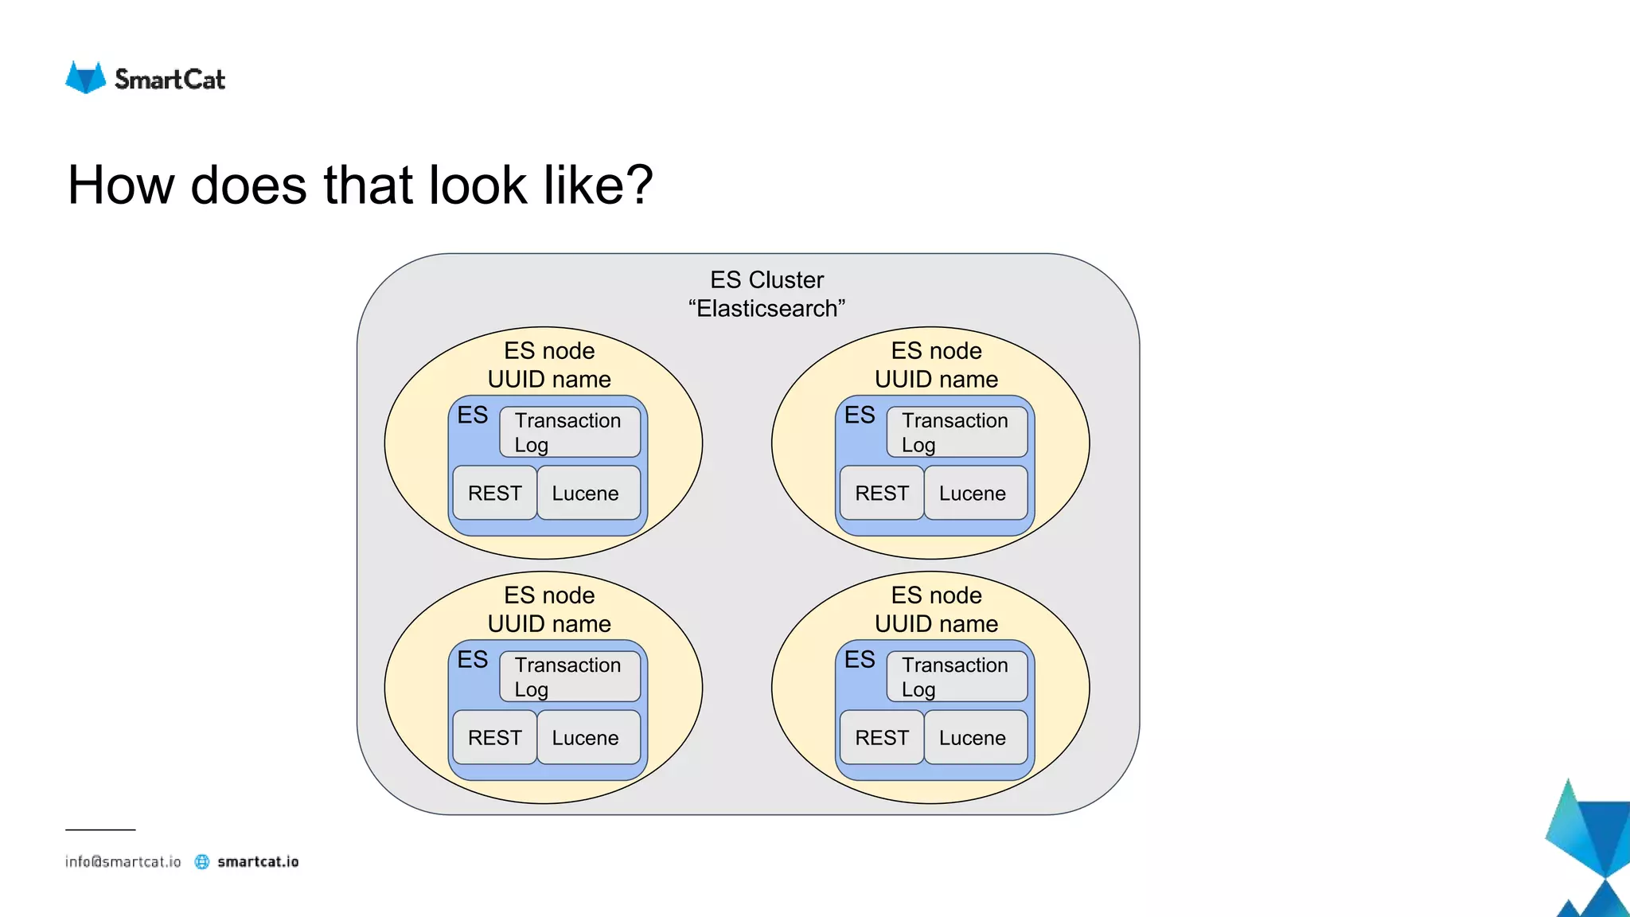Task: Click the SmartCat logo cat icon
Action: (85, 78)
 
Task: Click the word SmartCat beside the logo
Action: (170, 80)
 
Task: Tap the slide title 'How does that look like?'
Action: (360, 185)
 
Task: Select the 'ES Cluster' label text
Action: (766, 280)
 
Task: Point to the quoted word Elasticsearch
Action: (766, 309)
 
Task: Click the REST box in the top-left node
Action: (494, 494)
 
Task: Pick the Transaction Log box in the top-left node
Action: (569, 432)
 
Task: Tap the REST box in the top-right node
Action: (881, 494)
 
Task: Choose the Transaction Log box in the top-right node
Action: (956, 432)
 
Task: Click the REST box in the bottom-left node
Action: (494, 738)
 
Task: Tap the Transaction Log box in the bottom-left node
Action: (569, 677)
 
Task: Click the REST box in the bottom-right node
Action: (881, 738)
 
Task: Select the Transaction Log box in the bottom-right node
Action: (956, 677)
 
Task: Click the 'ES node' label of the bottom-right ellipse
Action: (936, 595)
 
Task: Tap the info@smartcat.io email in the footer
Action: (123, 862)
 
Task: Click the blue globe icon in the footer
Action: (202, 862)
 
